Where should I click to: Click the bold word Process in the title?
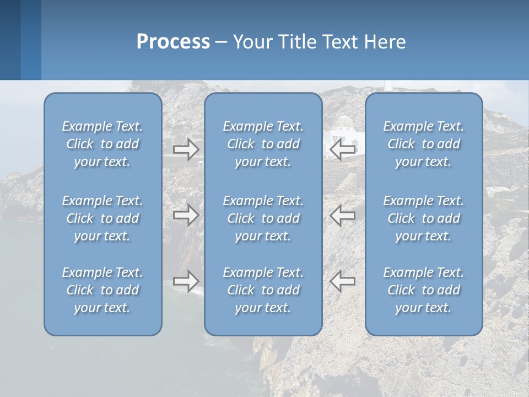point(173,42)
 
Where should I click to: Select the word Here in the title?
point(385,42)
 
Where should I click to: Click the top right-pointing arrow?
point(186,149)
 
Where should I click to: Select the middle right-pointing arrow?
point(186,215)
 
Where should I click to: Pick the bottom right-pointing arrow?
point(186,281)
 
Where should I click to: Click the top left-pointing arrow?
point(342,149)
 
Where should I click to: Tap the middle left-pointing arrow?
point(342,215)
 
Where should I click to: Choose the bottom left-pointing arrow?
point(342,281)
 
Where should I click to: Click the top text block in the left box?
point(102,144)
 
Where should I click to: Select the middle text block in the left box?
point(102,218)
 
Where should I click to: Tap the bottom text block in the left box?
point(102,290)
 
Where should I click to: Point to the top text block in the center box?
point(263,144)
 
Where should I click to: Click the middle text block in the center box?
point(263,218)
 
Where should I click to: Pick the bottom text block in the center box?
point(263,290)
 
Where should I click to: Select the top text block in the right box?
point(423,144)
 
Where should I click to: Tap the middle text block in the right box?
point(423,218)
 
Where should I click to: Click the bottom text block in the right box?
point(423,290)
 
